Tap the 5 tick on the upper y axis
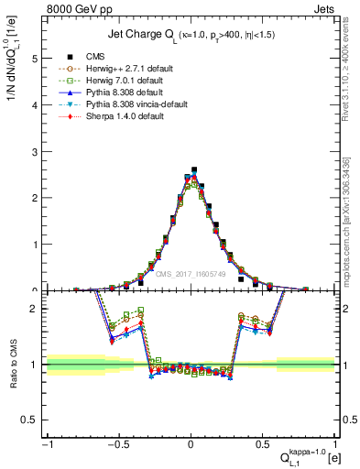(36, 58)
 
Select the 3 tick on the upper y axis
(36, 151)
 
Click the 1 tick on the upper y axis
(36, 245)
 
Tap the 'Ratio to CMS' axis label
(14, 364)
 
